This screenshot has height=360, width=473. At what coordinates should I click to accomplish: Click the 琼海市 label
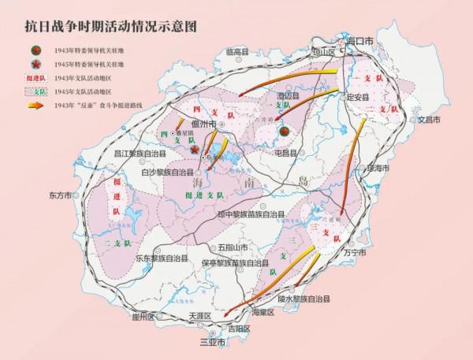(380, 168)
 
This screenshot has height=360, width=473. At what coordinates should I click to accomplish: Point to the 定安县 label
(358, 98)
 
